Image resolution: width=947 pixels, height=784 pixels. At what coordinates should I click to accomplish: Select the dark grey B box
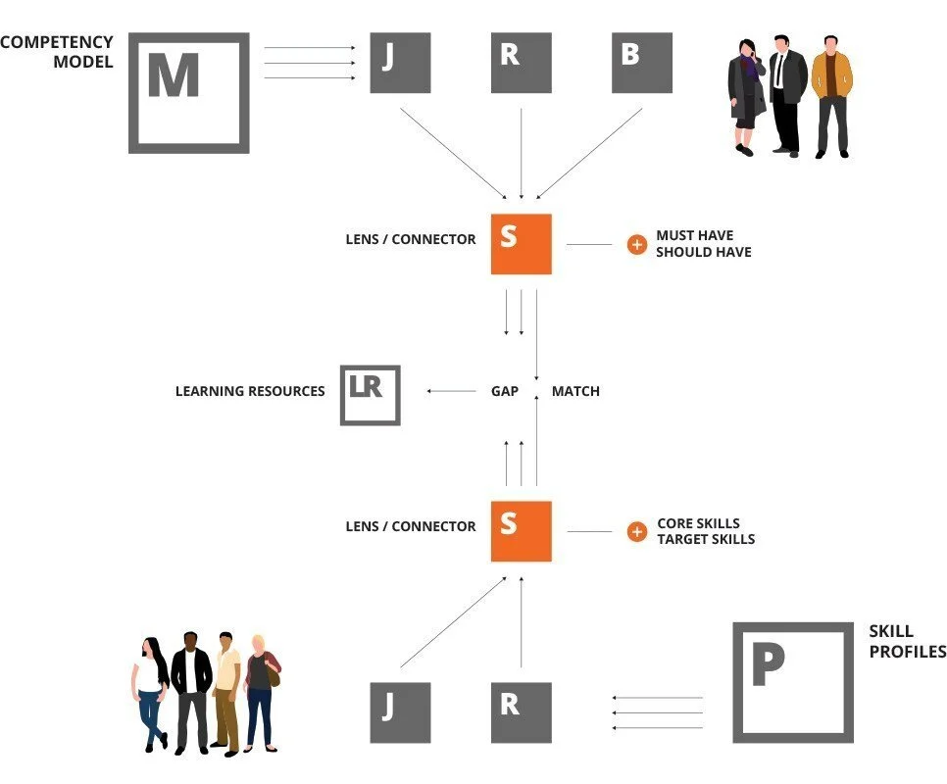click(x=642, y=63)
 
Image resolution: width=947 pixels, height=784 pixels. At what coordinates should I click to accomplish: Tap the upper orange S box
click(x=522, y=244)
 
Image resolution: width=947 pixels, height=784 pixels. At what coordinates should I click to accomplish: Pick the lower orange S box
click(x=522, y=531)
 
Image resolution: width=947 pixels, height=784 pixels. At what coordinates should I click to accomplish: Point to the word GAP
click(x=505, y=391)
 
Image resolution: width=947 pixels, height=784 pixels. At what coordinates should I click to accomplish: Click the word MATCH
click(x=575, y=391)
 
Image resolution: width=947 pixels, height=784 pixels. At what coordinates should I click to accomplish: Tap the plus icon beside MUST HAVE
click(x=636, y=244)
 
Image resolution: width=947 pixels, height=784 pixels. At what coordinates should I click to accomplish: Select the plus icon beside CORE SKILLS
click(x=636, y=532)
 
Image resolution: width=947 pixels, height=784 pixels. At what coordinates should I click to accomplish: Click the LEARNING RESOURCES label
click(x=250, y=391)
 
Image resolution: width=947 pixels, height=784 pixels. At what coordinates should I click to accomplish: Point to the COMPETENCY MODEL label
click(x=57, y=51)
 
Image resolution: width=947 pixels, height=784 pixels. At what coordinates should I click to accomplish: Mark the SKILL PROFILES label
click(x=907, y=641)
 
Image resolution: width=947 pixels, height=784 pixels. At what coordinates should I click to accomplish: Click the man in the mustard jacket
click(x=831, y=97)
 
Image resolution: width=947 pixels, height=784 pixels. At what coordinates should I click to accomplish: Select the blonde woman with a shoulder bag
click(x=262, y=693)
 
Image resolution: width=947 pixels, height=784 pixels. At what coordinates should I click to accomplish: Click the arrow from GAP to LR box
click(x=451, y=391)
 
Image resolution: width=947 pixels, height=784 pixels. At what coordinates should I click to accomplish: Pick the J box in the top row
click(x=400, y=63)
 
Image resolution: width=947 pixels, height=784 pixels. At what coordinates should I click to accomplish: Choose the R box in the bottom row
click(x=522, y=712)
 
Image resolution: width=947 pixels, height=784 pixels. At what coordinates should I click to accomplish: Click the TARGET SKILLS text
click(x=706, y=539)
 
